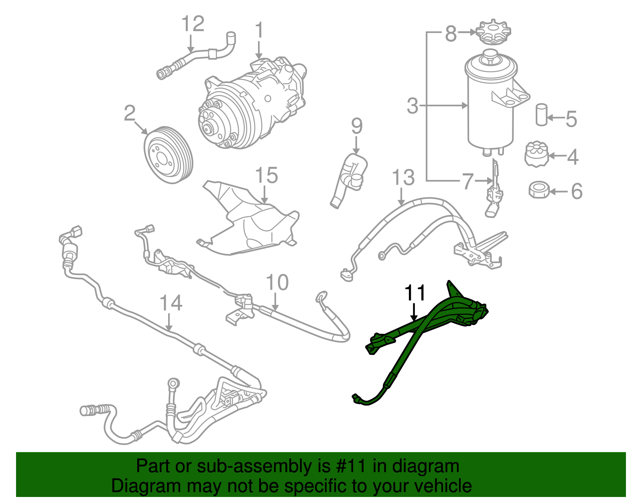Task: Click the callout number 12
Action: tap(193, 24)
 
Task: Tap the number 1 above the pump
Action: tap(259, 30)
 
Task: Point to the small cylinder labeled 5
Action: tap(542, 115)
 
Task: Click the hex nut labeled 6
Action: tap(539, 190)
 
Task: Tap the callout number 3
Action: tap(412, 106)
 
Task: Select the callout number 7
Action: tap(468, 182)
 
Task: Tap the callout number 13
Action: tap(403, 178)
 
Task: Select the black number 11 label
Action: tap(414, 293)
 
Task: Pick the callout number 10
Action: tap(277, 283)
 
